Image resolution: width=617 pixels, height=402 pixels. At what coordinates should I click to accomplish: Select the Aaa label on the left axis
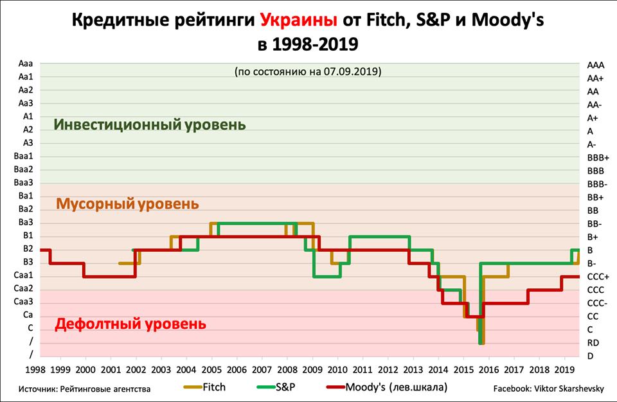pyautogui.click(x=26, y=64)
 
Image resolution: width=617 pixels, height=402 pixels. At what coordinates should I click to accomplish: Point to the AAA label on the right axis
pyautogui.click(x=595, y=65)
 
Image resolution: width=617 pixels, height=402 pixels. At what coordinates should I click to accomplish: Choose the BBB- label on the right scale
pyautogui.click(x=597, y=184)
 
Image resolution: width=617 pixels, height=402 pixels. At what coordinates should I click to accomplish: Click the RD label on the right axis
pyautogui.click(x=593, y=343)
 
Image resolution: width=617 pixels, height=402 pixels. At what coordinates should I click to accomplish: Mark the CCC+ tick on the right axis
pyautogui.click(x=597, y=276)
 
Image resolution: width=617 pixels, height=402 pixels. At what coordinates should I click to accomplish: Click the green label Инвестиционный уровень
pyautogui.click(x=150, y=124)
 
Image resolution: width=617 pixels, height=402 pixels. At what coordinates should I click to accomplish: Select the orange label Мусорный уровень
pyautogui.click(x=127, y=204)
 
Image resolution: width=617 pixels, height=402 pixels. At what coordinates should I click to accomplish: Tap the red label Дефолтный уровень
pyautogui.click(x=130, y=323)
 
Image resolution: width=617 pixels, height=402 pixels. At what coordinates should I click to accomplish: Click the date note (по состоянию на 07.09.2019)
pyautogui.click(x=308, y=71)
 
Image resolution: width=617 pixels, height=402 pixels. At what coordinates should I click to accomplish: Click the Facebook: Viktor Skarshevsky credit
pyautogui.click(x=547, y=389)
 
